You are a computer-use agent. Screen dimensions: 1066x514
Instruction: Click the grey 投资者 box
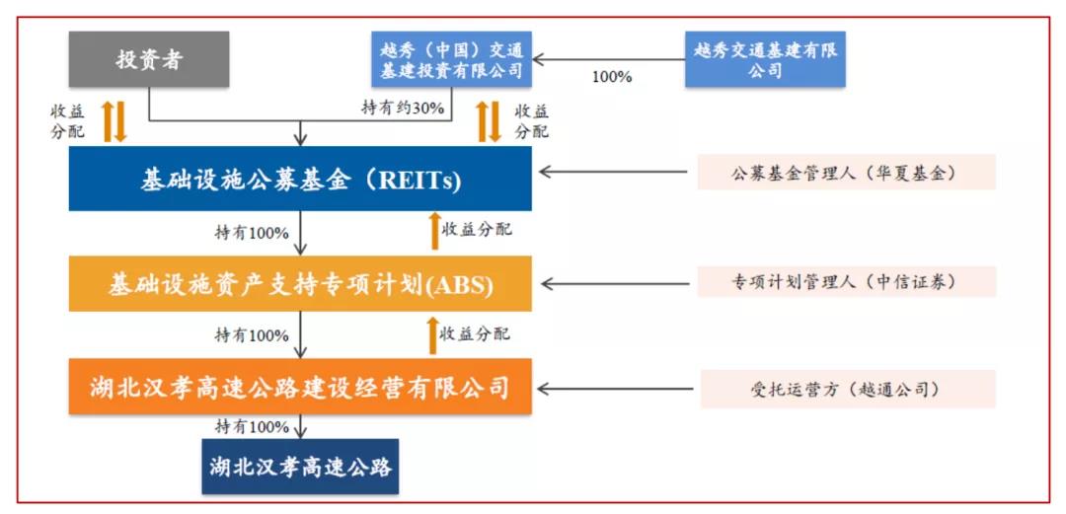coord(149,59)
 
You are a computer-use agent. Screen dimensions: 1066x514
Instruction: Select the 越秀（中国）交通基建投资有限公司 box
coord(451,59)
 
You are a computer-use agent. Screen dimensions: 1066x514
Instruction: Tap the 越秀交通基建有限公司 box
coord(765,59)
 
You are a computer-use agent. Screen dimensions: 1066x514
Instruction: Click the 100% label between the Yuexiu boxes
coord(612,77)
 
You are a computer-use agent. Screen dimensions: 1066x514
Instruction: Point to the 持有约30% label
coord(403,109)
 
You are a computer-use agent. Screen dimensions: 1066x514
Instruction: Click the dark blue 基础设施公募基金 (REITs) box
coord(300,179)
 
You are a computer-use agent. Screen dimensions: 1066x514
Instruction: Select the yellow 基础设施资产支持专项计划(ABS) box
coord(300,284)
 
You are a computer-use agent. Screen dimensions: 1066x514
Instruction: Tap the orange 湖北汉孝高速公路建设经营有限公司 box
coord(300,388)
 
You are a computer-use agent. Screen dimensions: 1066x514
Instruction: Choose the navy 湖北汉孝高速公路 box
coord(300,467)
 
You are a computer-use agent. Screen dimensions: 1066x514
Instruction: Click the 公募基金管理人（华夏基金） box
coord(847,172)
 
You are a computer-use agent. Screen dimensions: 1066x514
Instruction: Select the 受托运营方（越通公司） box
coord(848,389)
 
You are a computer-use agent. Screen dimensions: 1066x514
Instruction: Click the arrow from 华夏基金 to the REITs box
coord(614,172)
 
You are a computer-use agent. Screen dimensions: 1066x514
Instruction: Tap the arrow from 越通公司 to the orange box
coord(616,390)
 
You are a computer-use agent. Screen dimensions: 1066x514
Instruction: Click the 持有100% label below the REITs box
coord(252,233)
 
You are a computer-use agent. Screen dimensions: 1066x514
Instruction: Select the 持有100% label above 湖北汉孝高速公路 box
coord(252,427)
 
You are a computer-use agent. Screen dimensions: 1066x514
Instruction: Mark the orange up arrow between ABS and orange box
coord(431,335)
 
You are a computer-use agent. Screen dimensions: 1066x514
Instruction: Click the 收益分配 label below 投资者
coord(67,121)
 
